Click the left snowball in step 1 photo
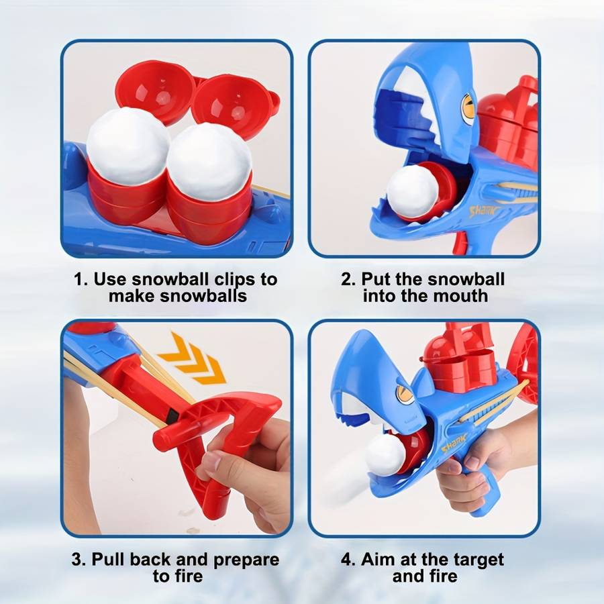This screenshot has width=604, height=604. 128,146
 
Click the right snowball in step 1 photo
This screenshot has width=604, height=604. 209,162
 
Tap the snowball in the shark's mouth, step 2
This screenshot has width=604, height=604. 412,192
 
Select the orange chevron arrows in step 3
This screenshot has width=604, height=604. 192,359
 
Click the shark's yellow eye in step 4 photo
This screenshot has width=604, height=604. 403,395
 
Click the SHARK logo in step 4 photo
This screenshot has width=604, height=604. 454,443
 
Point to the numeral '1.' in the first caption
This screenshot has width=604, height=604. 81,280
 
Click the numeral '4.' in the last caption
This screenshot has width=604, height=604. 348,560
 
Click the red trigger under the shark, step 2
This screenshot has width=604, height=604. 459,243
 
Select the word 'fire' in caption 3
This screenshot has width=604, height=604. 189,576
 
